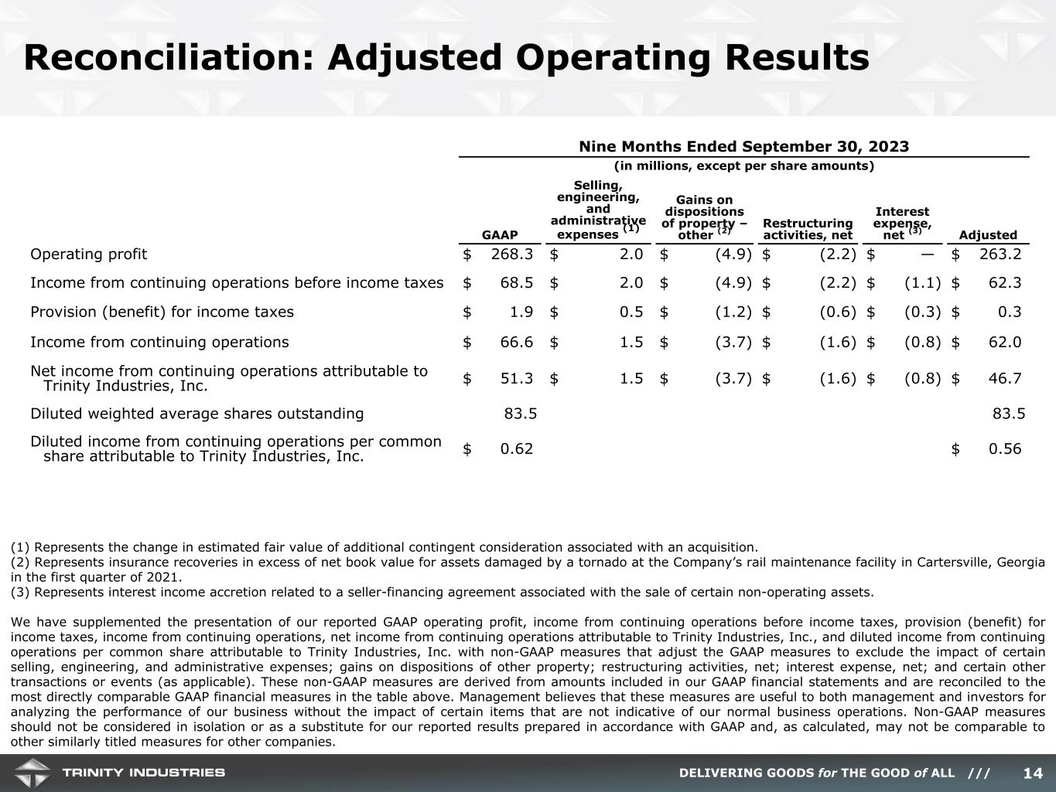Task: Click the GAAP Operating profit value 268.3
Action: click(512, 254)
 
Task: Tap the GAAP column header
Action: click(500, 235)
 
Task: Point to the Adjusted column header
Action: click(988, 235)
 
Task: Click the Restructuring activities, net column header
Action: click(808, 229)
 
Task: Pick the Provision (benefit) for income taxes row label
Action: click(162, 312)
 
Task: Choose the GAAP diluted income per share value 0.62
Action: click(516, 449)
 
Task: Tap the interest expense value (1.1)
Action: click(922, 283)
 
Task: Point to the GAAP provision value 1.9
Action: click(521, 312)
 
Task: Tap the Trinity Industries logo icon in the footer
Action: click(32, 773)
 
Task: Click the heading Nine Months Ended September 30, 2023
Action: click(743, 147)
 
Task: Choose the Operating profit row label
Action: click(88, 254)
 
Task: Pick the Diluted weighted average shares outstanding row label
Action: click(197, 413)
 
